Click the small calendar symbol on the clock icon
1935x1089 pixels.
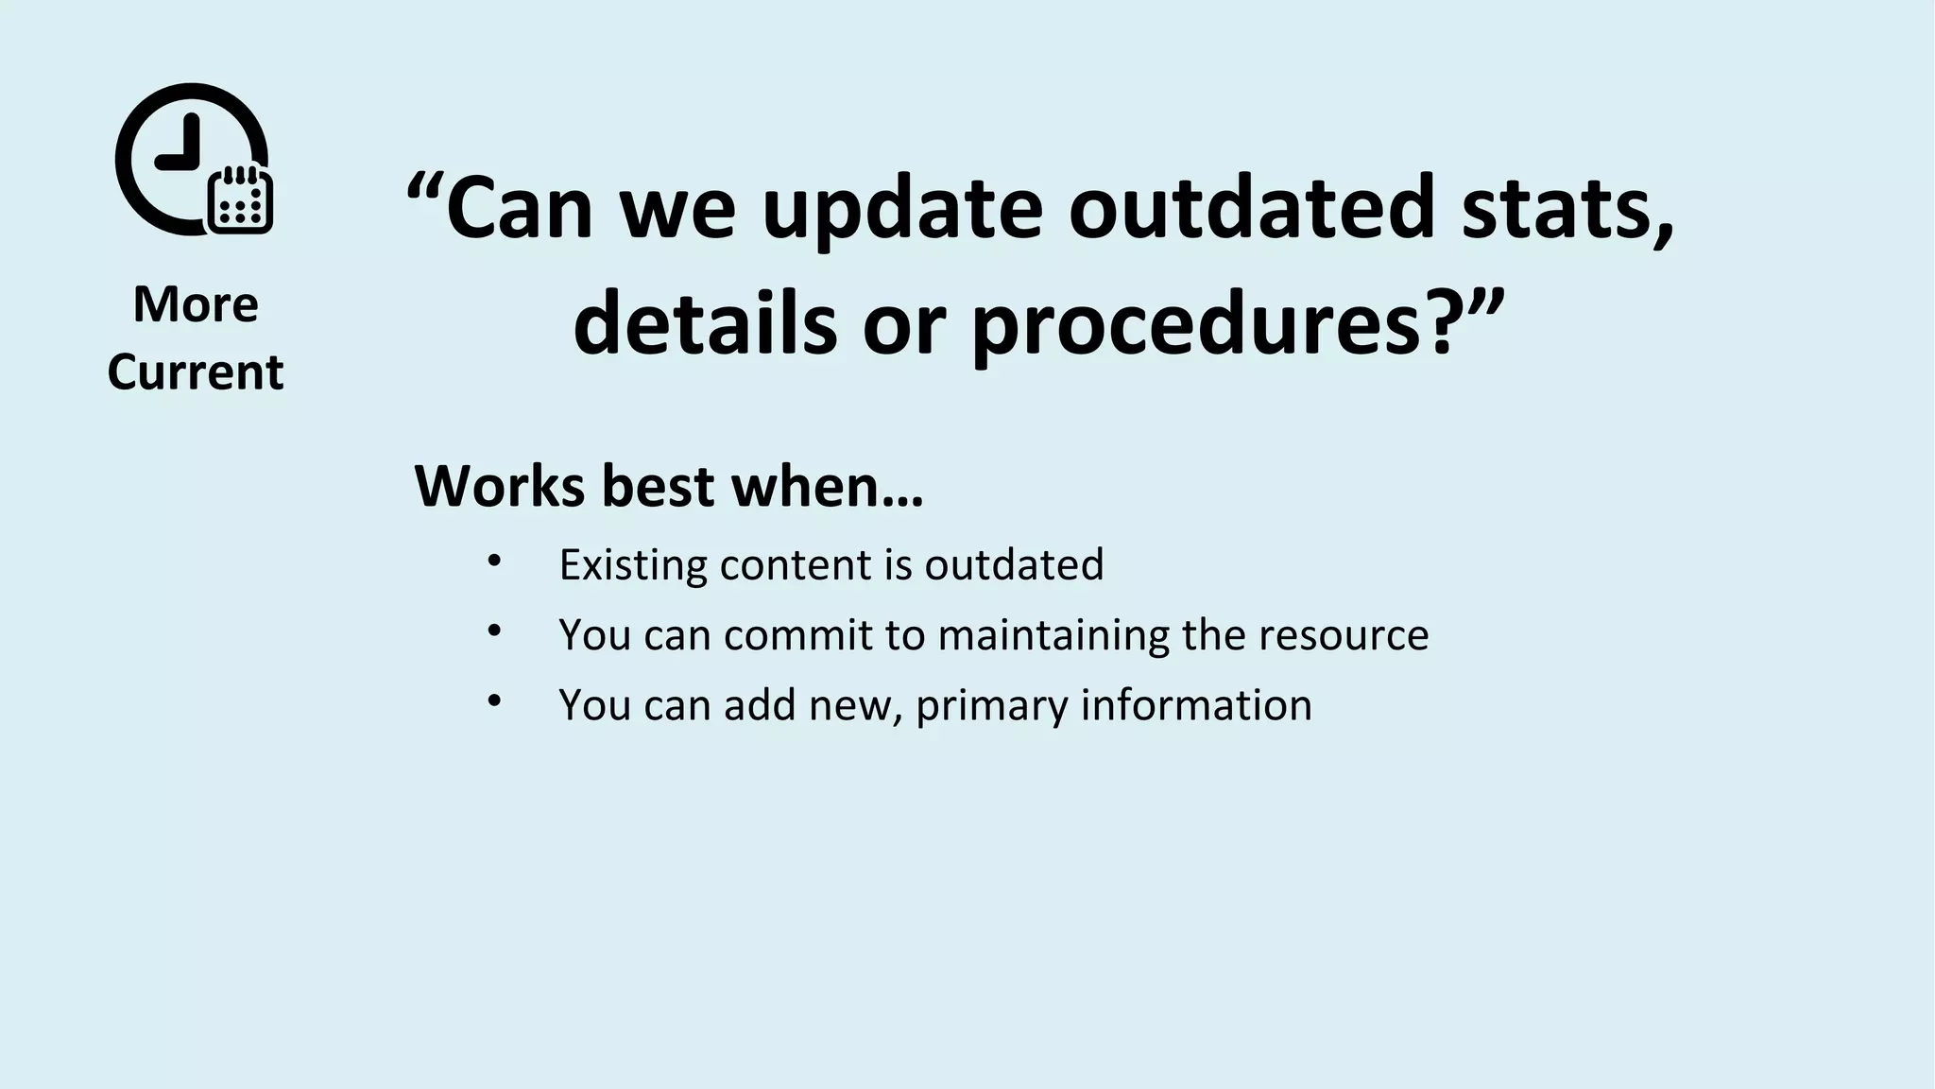point(240,199)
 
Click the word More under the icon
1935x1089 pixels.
point(196,304)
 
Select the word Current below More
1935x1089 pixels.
point(196,372)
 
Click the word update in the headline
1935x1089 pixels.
point(901,208)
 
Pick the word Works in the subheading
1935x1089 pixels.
point(501,486)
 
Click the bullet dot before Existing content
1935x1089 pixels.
point(493,562)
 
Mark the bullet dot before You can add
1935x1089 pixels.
point(493,701)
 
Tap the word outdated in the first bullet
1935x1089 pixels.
point(1014,565)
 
